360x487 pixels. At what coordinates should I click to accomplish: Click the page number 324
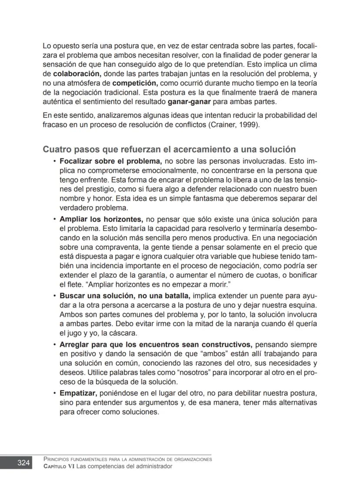point(23,463)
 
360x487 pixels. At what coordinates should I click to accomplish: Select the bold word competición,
point(134,83)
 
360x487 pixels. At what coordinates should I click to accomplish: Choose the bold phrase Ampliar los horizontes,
point(101,219)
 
